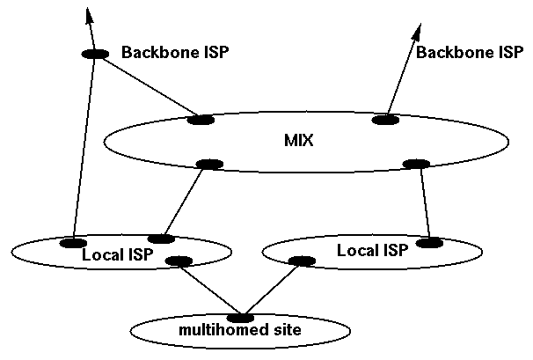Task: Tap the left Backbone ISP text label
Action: (x=174, y=53)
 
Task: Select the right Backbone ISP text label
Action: (x=470, y=53)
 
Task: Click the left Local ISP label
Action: (x=118, y=255)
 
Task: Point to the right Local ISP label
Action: (x=373, y=251)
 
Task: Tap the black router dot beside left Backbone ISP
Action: (x=95, y=54)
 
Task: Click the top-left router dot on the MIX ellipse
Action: (x=201, y=120)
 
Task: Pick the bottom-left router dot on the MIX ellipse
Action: (x=209, y=163)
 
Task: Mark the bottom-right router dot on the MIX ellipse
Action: (x=413, y=163)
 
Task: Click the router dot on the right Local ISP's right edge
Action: (x=429, y=242)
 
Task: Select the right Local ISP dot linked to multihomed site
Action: (x=302, y=261)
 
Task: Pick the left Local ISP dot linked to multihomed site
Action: (x=179, y=261)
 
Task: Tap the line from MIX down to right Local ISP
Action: (x=423, y=202)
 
